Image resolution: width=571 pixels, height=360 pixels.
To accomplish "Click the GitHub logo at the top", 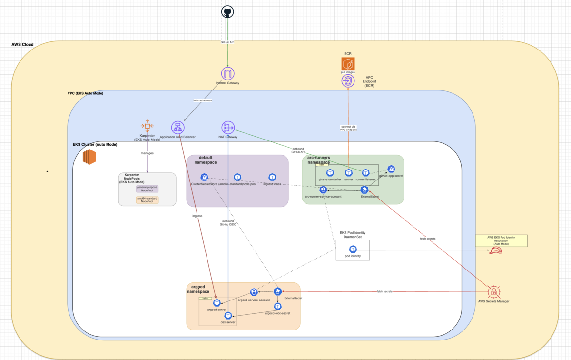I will click(x=228, y=12).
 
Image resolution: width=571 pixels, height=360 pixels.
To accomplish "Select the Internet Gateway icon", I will click(x=228, y=73).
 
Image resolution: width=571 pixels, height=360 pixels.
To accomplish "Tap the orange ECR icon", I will click(x=348, y=64).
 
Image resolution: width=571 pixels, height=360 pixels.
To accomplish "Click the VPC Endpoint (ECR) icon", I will click(x=348, y=80).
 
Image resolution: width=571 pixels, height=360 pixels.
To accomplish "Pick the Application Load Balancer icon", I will click(x=177, y=128).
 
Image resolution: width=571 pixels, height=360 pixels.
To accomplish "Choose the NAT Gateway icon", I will click(x=228, y=128).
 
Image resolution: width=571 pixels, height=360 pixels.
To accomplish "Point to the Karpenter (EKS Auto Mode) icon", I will click(x=147, y=126).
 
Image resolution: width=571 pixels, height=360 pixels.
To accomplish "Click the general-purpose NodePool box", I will click(x=147, y=189).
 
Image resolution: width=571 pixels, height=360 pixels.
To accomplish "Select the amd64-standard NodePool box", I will click(x=147, y=200).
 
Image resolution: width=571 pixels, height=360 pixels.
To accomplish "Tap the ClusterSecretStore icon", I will click(x=204, y=177).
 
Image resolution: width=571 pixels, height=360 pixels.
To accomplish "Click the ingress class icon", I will click(x=273, y=177).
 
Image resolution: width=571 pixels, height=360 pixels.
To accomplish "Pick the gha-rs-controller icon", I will click(x=330, y=173).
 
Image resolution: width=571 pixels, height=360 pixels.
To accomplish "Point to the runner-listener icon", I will click(x=366, y=173).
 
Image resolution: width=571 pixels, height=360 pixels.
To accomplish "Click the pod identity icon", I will click(x=353, y=249).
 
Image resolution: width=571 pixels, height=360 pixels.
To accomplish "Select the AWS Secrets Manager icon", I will click(x=493, y=291).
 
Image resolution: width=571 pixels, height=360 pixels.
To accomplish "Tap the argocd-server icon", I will click(x=217, y=303).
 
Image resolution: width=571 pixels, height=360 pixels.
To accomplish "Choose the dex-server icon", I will click(x=228, y=315).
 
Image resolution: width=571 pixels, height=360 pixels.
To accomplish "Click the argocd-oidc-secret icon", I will click(x=277, y=306).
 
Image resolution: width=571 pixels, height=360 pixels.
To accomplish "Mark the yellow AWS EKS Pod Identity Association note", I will click(x=501, y=240).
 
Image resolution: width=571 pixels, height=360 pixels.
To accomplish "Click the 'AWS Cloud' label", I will click(x=23, y=45).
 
